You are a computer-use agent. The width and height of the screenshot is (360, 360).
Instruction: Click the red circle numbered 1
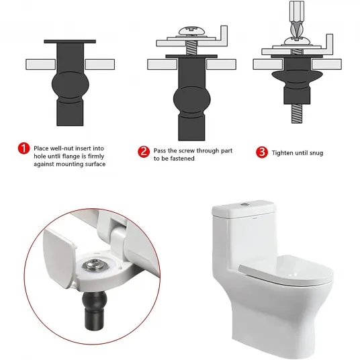click(24, 148)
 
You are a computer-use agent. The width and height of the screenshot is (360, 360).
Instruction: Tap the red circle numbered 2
click(144, 152)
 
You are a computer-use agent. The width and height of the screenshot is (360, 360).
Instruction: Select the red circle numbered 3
click(262, 152)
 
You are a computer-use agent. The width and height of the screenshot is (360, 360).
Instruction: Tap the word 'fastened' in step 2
click(181, 159)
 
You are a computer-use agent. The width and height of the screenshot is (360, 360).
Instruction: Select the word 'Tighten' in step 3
click(281, 153)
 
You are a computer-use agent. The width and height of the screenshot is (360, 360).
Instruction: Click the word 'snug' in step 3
click(316, 153)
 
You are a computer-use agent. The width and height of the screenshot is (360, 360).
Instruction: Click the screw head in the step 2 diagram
click(191, 31)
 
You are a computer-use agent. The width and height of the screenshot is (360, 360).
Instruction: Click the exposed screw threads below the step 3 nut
click(297, 114)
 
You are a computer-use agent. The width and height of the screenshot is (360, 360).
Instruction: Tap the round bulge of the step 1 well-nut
click(71, 85)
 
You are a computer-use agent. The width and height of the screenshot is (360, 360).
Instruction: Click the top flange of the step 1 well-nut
click(70, 42)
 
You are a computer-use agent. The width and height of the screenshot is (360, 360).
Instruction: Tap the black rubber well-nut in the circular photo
click(94, 308)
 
